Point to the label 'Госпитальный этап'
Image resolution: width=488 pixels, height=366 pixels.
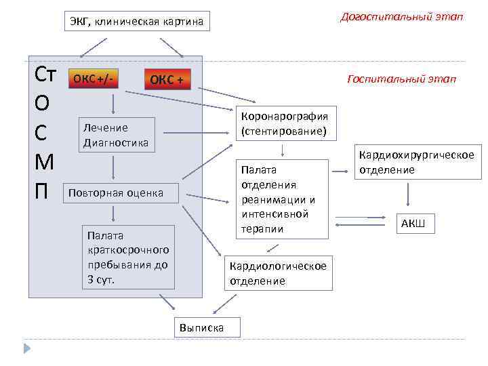tap(401, 79)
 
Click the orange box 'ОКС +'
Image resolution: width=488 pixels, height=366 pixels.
tap(167, 81)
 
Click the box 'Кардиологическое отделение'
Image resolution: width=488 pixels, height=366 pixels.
tap(278, 273)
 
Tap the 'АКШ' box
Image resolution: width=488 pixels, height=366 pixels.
tap(413, 224)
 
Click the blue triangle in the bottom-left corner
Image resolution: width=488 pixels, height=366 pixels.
tap(27, 349)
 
